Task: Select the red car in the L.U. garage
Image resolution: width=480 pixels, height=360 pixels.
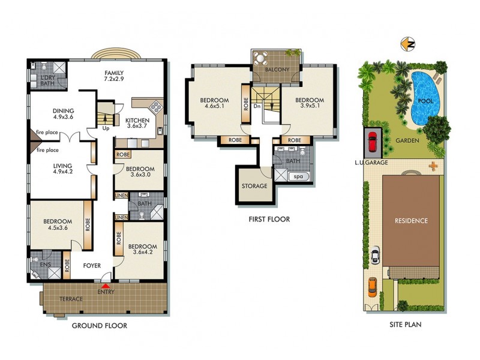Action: [372, 143]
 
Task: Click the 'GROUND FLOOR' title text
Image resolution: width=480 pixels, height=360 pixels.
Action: [100, 326]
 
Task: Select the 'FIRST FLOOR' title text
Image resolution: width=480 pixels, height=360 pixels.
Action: [269, 220]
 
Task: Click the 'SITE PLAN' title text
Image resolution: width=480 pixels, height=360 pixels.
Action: [406, 326]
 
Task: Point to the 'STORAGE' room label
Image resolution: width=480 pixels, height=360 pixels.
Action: [254, 186]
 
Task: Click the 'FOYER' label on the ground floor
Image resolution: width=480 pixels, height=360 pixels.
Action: [92, 265]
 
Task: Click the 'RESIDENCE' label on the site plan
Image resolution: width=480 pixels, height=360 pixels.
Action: [411, 221]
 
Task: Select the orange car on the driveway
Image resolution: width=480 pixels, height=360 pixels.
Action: [371, 287]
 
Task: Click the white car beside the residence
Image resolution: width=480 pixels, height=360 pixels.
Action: [375, 255]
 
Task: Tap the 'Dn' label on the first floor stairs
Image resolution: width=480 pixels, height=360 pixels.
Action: [257, 106]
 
